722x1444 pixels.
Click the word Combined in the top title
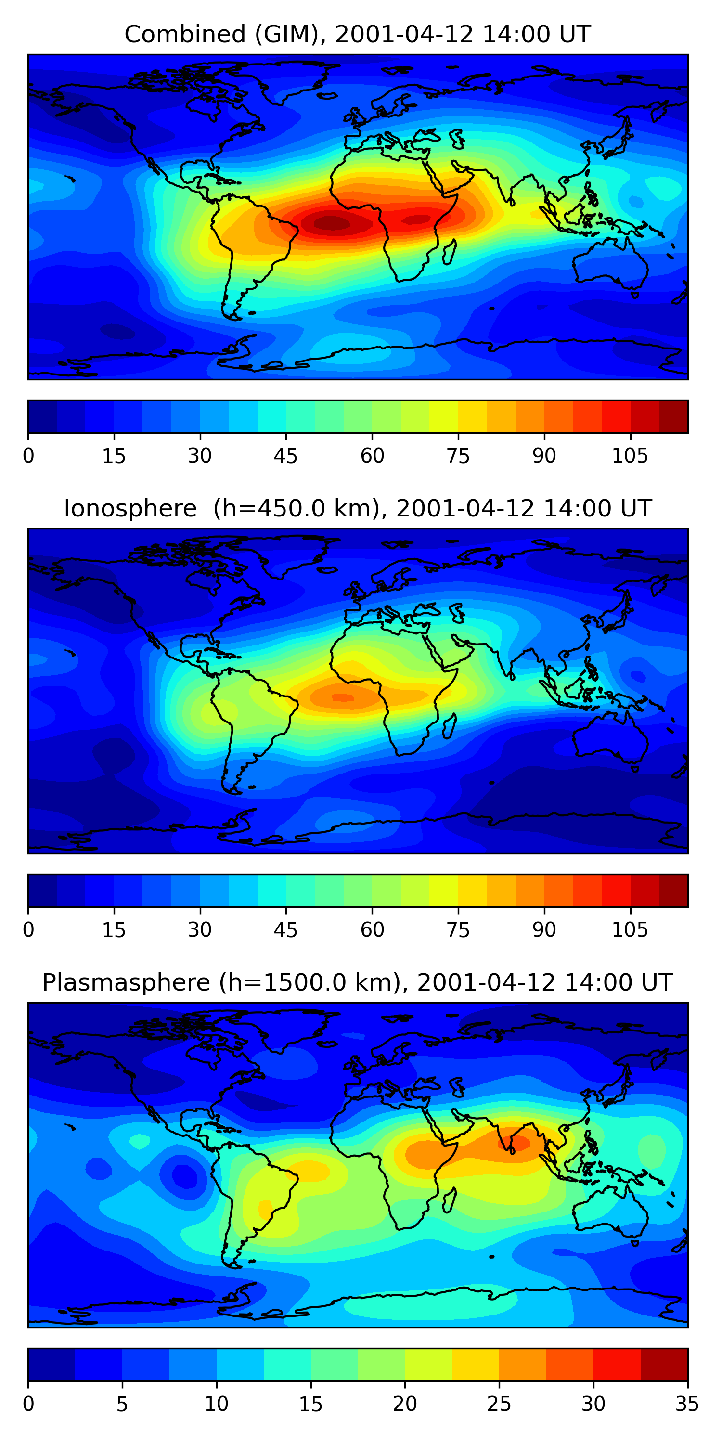(184, 34)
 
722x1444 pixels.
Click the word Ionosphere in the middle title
(130, 508)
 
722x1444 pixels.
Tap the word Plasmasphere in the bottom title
(126, 983)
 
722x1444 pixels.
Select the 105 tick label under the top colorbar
(630, 456)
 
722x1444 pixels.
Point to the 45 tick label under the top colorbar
(285, 456)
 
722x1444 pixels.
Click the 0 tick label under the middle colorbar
(28, 930)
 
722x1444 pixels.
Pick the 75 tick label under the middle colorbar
(458, 930)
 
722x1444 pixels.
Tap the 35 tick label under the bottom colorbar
(687, 1404)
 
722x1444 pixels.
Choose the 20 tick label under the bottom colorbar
(404, 1404)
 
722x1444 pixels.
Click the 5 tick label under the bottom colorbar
(122, 1404)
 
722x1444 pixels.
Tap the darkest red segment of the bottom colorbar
(664, 1365)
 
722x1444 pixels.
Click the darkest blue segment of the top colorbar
(43, 416)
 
